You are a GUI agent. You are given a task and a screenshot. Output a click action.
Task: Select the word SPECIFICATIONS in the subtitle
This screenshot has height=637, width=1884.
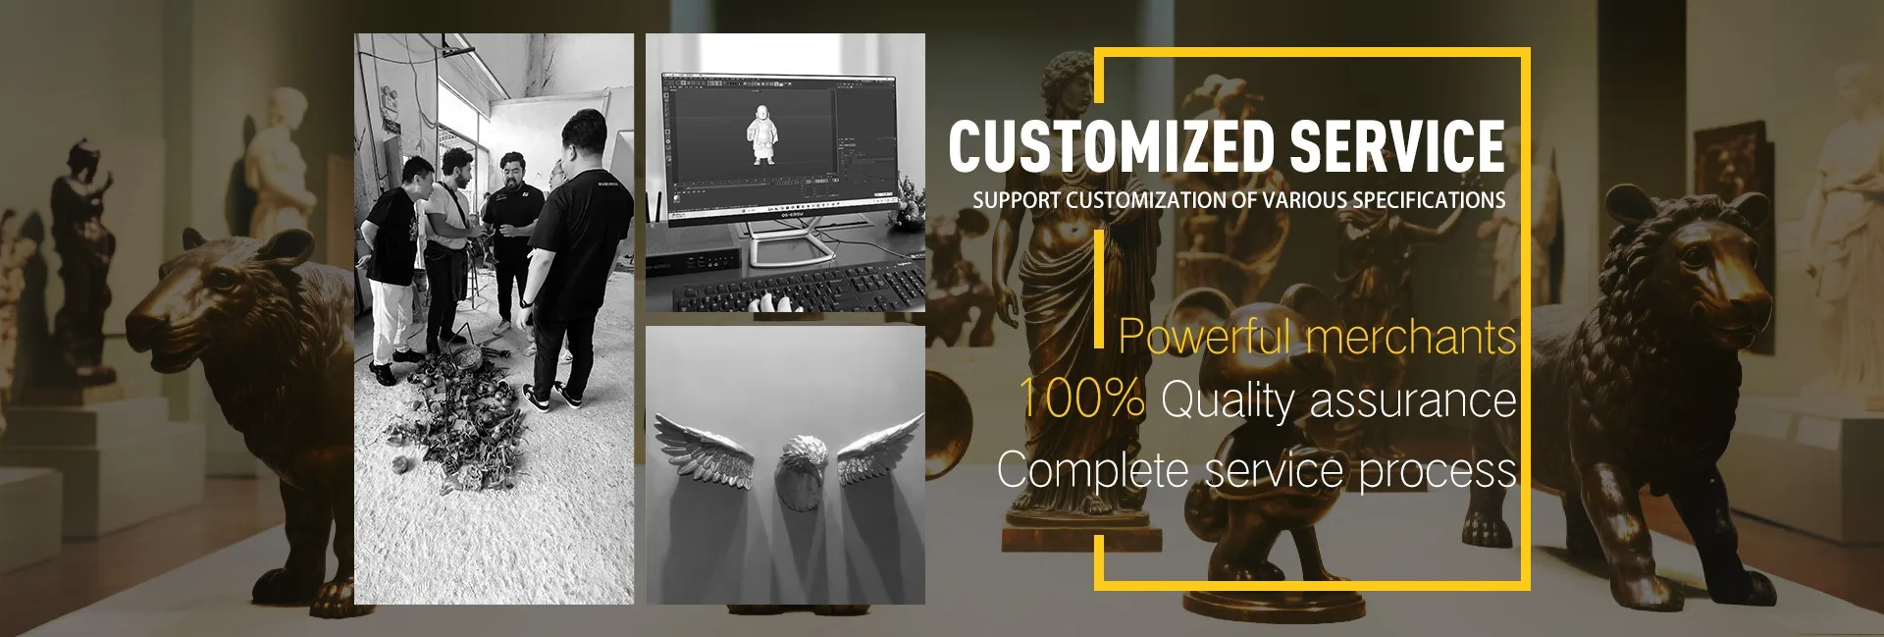[x=1429, y=200]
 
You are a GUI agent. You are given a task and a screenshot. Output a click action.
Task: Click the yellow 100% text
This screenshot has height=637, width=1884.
[x=1081, y=398]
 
